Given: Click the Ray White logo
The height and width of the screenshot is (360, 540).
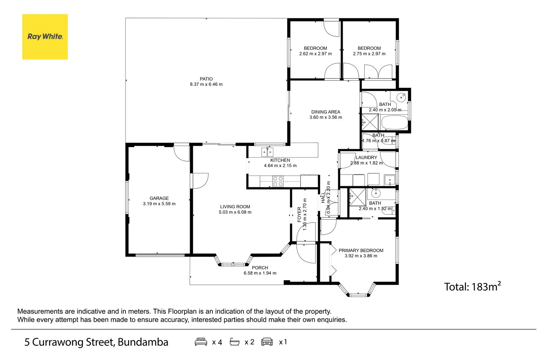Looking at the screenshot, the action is pos(45,37).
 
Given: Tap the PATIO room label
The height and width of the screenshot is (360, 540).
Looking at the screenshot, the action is pos(206,79).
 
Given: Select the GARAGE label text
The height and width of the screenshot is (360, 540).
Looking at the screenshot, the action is pos(159,198).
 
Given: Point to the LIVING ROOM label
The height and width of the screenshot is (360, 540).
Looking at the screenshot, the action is pos(235,207).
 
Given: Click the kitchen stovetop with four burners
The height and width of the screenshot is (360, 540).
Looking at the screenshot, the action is pos(278,181).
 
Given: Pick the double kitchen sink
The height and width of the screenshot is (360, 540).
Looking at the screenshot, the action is pos(267,151).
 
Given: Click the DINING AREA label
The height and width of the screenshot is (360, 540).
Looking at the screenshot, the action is pos(325,112).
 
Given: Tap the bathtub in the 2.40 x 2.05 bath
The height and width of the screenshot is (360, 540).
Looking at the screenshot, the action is pos(394,122).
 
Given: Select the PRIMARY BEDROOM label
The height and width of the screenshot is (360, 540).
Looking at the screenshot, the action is pos(361,250).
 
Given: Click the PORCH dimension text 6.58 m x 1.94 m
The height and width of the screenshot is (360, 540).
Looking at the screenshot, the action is pos(260,273).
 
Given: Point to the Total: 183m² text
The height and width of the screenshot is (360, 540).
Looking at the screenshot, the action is pos(472,286).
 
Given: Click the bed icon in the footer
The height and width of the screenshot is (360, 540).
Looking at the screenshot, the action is pos(201,342).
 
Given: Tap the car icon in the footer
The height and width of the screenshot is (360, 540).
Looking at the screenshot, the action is pos(267,342).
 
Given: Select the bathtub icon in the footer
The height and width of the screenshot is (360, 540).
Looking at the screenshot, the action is pos(234,342).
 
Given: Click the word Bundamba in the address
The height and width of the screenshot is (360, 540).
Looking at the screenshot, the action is pos(143,342).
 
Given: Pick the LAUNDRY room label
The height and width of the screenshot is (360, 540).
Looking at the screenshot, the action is pos(366,158).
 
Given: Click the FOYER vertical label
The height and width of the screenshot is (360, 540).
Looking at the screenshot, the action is pos(299,214).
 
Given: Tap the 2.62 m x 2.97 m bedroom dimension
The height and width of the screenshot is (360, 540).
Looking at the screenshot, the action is pos(315,54).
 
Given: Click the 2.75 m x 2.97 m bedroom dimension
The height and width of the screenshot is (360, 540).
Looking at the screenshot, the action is pos(369,54).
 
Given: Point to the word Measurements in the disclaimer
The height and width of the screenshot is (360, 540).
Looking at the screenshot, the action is pos(40,312).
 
